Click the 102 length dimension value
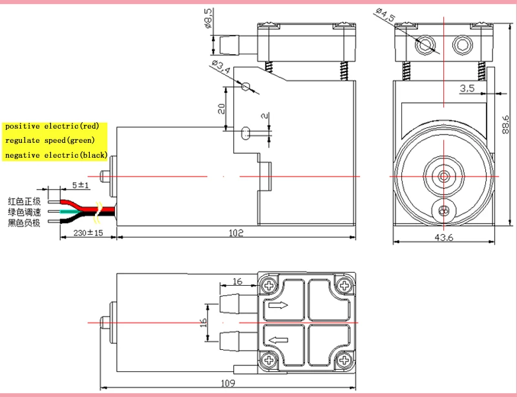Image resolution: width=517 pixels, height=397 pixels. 236,233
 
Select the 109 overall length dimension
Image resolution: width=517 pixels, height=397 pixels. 228,383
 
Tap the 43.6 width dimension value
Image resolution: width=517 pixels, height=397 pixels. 444,237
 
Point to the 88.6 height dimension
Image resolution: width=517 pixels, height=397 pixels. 506,124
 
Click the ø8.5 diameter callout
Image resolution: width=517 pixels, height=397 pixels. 208,19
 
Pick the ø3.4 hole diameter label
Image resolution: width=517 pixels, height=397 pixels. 221,67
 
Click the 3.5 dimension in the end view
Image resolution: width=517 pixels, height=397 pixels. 467,89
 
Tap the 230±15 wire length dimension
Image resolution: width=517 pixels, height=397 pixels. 88,233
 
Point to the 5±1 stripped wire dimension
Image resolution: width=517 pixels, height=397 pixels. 80,185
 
